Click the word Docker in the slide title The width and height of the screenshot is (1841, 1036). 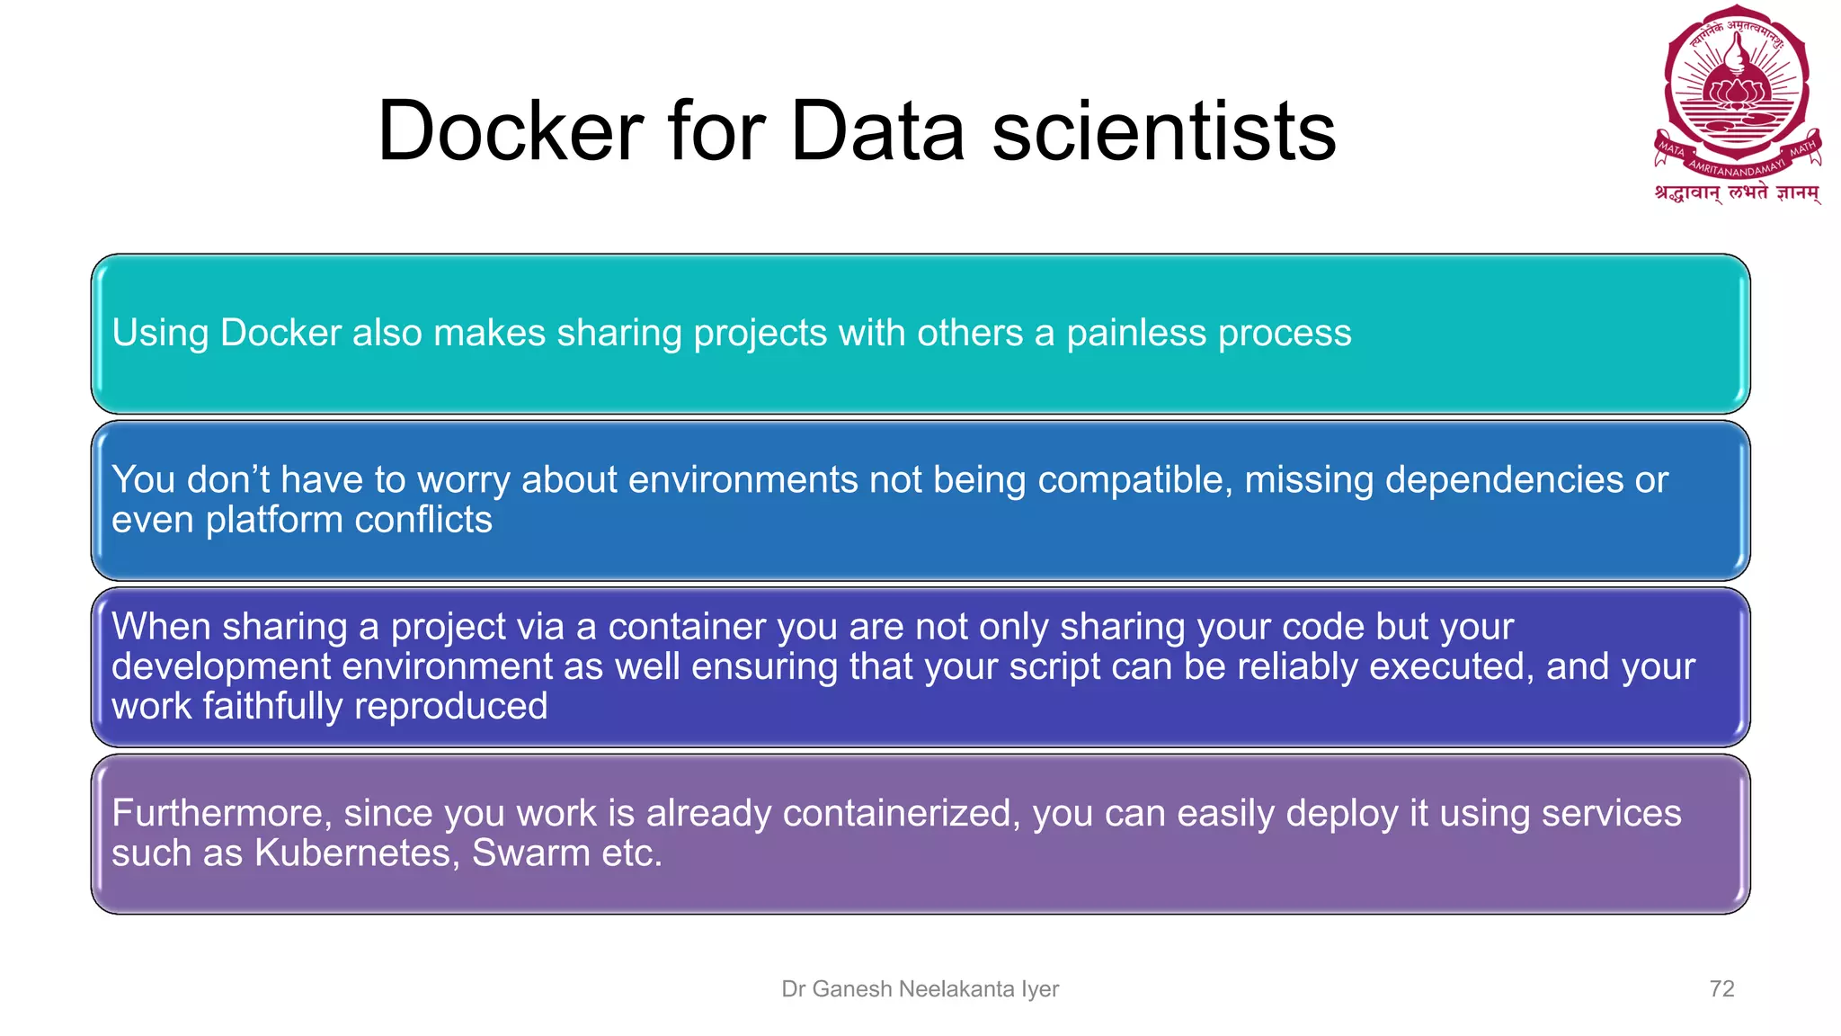pyautogui.click(x=511, y=131)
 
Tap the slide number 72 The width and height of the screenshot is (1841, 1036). pyautogui.click(x=1721, y=988)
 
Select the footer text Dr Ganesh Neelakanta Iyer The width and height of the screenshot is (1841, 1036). pyautogui.click(x=920, y=988)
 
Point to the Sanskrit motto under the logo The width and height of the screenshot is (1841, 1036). pyautogui.click(x=1737, y=192)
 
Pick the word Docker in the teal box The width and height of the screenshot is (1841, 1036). pyautogui.click(x=280, y=333)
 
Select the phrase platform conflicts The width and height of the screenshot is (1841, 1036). pyautogui.click(x=349, y=520)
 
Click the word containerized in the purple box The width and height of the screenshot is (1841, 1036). pyautogui.click(x=902, y=813)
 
